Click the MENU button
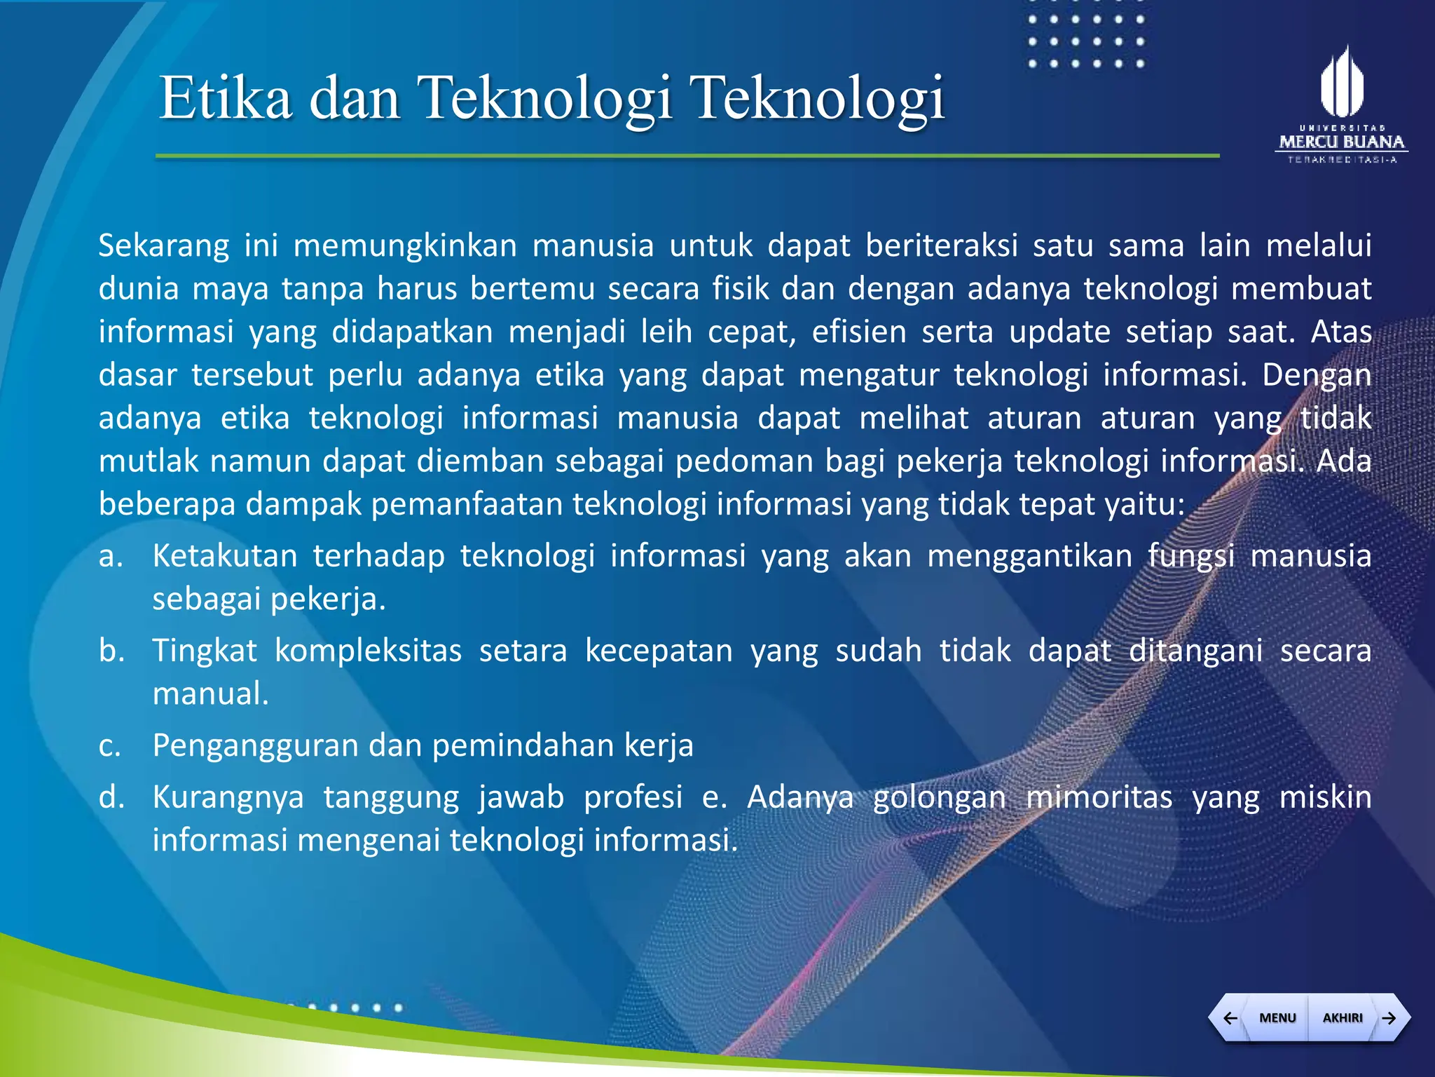1277,1017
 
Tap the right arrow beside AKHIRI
1389,1017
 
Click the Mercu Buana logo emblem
1342,83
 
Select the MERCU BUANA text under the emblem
1342,142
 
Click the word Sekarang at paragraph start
164,246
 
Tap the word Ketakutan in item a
225,556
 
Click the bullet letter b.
111,651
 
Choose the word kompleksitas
368,651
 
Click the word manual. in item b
211,694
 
